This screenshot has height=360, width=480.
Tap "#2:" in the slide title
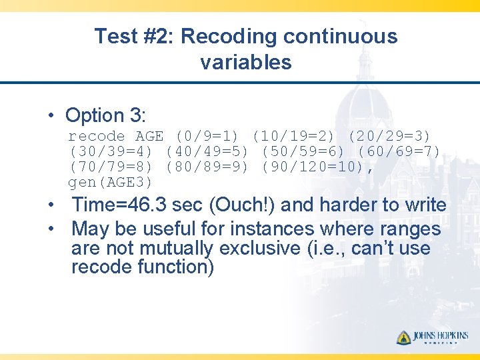click(x=157, y=37)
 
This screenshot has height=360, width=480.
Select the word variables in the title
click(x=245, y=63)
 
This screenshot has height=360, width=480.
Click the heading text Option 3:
click(x=105, y=115)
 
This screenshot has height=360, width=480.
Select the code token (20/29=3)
click(x=391, y=137)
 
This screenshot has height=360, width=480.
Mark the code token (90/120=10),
click(x=318, y=167)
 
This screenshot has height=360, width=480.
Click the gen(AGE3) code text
click(x=111, y=183)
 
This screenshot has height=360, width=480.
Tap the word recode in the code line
click(x=97, y=137)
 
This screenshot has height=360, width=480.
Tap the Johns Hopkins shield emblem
click(x=403, y=337)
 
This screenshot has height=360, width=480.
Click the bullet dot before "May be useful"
click(x=51, y=229)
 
